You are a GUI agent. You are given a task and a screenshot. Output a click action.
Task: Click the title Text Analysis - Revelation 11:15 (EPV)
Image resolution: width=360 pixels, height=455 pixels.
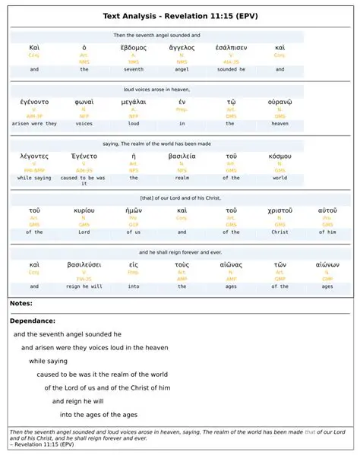[x=180, y=16]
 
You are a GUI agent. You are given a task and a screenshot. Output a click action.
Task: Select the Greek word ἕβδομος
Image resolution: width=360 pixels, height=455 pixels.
[x=134, y=47]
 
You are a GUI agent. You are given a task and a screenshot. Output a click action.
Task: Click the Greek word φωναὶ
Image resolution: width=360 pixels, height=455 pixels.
[x=84, y=101]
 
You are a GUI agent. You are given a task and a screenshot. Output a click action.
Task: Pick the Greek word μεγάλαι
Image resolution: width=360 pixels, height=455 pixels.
[x=134, y=101]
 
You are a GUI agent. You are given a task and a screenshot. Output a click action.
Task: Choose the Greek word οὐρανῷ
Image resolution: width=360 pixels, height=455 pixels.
[x=279, y=101]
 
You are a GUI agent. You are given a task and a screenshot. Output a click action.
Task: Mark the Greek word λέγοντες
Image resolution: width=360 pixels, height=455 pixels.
[x=35, y=156]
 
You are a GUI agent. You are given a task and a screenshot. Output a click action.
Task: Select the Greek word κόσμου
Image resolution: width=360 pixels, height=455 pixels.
[x=279, y=156]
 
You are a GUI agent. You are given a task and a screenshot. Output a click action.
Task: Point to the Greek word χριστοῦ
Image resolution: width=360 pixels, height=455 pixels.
[x=279, y=210]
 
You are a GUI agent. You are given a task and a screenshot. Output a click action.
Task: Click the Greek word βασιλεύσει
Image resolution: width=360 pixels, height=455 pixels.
[x=84, y=264]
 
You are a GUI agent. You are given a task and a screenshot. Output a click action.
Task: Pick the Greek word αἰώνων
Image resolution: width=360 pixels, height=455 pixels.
[x=327, y=264]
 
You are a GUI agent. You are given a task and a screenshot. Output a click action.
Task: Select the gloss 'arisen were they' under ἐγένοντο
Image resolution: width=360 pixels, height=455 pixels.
[x=35, y=123]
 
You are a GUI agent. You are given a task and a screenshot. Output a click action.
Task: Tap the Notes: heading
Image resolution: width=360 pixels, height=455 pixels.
[x=21, y=304]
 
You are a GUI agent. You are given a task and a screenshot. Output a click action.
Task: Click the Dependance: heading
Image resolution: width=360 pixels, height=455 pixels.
[x=33, y=321]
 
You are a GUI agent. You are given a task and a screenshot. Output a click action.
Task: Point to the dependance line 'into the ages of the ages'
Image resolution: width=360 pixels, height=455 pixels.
[x=99, y=414]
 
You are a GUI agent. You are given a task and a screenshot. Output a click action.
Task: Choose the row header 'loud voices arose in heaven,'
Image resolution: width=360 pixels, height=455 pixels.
[x=156, y=89]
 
